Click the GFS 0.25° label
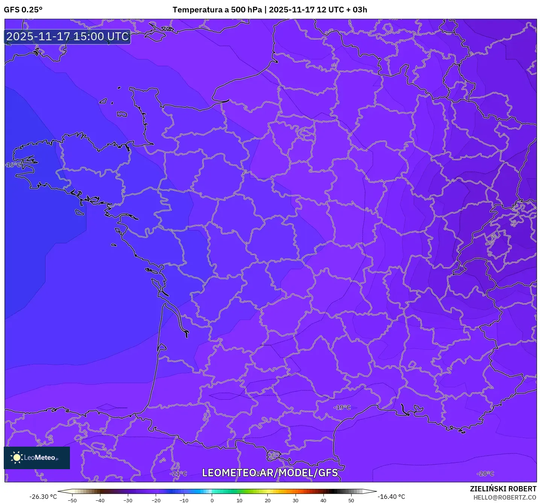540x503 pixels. click(x=23, y=10)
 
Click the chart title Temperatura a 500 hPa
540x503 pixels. click(x=217, y=10)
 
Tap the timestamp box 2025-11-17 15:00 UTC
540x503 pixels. click(x=68, y=36)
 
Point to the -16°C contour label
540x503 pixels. click(x=13, y=165)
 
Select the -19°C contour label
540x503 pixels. click(x=342, y=408)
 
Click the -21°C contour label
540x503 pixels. click(x=178, y=474)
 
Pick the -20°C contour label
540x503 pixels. click(x=485, y=474)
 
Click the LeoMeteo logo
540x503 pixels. click(x=37, y=458)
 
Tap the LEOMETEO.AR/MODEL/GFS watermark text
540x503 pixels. click(x=270, y=473)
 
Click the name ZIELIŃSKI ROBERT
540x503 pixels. click(x=503, y=489)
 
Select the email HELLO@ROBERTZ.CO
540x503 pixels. click(x=504, y=497)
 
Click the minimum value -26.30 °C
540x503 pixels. click(x=43, y=497)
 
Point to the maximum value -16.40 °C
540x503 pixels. click(x=391, y=497)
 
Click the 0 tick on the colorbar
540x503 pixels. click(x=212, y=500)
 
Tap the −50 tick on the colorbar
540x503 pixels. click(x=72, y=500)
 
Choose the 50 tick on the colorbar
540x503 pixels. click(x=351, y=500)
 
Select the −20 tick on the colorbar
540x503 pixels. click(x=156, y=500)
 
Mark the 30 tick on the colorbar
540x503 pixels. click(x=295, y=500)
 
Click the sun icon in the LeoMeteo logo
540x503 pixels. click(x=17, y=458)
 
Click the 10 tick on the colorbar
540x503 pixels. click(x=240, y=500)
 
